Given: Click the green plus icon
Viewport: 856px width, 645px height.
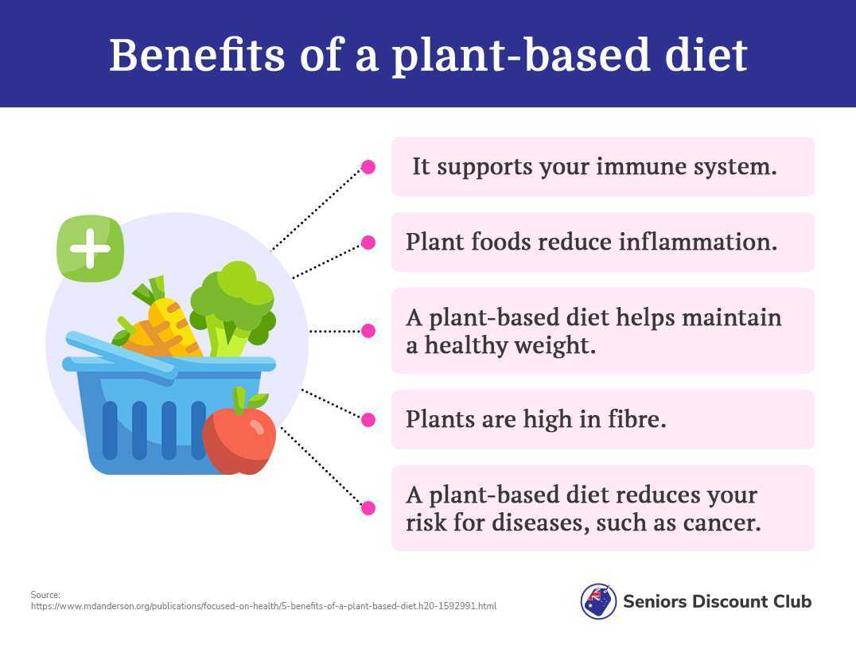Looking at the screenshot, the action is (x=91, y=249).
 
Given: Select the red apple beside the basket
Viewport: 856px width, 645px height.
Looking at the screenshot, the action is (x=239, y=431).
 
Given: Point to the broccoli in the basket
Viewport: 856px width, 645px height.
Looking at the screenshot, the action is (x=233, y=309).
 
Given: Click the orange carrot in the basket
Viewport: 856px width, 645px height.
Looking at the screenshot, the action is (x=158, y=322).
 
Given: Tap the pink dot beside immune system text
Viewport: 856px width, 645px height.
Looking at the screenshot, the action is (x=368, y=167).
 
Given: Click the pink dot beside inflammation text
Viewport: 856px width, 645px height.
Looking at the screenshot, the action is (x=368, y=243).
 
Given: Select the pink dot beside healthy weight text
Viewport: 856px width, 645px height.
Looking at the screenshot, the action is (x=368, y=331).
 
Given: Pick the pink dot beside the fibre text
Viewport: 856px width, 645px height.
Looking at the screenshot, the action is (x=368, y=420).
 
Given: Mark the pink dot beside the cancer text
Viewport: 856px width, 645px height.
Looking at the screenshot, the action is (x=368, y=508).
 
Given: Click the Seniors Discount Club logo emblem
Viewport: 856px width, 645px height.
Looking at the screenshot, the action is (x=598, y=601).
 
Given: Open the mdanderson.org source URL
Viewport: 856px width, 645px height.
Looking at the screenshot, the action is (x=263, y=606).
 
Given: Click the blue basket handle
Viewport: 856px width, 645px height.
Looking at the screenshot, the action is (x=121, y=355).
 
